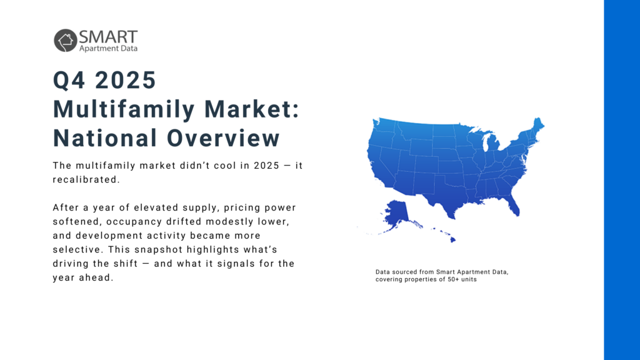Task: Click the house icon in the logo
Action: [65, 41]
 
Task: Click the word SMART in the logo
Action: [108, 37]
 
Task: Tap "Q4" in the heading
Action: [69, 80]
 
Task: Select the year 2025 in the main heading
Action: [125, 80]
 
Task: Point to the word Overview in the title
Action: [224, 138]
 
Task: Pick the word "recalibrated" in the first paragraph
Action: [85, 179]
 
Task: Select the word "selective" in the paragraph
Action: [76, 249]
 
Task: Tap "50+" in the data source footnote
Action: [451, 279]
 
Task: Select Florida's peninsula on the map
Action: [512, 204]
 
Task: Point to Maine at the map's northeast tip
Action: [537, 124]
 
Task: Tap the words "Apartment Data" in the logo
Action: [108, 48]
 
